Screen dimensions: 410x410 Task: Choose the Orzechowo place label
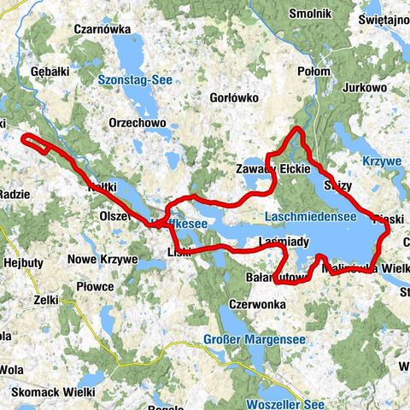click(137, 123)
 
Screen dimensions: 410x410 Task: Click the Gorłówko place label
click(233, 97)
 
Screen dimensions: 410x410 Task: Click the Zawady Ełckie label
click(271, 170)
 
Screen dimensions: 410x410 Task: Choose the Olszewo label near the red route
click(116, 217)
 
